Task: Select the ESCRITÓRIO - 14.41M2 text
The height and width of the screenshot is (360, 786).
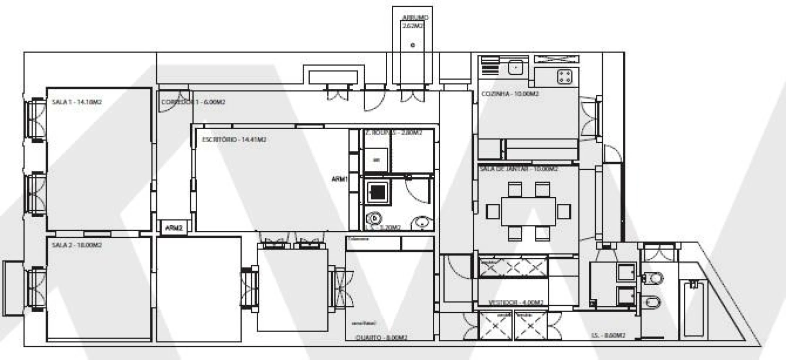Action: pos(234,139)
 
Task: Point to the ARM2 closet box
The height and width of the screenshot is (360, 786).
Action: pos(174,227)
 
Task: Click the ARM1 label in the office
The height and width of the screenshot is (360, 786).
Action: pos(339,179)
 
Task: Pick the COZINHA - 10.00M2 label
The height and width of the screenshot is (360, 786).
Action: pos(510,94)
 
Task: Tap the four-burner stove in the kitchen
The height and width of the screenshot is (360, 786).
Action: pos(566,76)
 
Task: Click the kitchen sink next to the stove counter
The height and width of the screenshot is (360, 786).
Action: pos(515,66)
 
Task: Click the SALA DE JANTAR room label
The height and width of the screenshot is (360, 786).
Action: pos(518,169)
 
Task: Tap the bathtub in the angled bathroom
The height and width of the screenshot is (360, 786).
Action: pos(694,309)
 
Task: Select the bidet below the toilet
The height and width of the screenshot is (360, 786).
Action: pos(653,301)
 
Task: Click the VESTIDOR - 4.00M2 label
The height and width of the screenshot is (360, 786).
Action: pos(515,302)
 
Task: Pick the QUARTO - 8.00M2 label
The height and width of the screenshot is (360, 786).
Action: pos(381,337)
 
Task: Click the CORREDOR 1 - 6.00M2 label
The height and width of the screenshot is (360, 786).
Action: pos(193,102)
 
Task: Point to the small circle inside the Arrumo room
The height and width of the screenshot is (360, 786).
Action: pos(413,45)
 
